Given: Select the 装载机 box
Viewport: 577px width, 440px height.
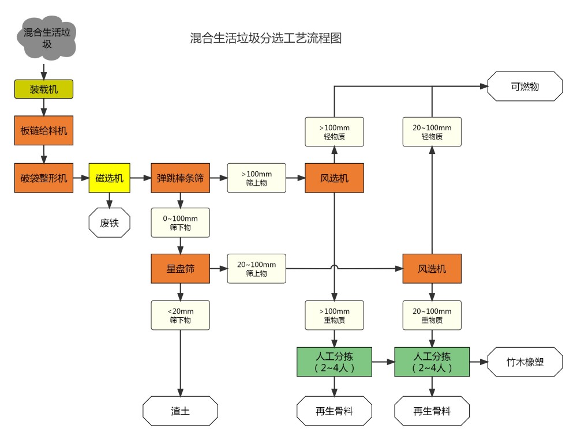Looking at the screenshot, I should click(44, 89).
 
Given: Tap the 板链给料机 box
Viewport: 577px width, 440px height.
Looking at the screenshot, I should click(44, 130).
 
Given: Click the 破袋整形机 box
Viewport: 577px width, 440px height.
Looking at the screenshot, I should click(44, 178).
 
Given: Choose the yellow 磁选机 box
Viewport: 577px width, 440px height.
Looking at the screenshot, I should click(110, 178).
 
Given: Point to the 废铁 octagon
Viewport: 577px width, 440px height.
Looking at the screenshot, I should click(109, 223).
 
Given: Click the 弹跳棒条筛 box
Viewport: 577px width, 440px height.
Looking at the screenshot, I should click(181, 178).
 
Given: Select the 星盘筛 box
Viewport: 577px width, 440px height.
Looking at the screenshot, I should click(180, 269).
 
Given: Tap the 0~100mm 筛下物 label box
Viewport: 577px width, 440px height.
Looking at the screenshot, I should click(180, 223).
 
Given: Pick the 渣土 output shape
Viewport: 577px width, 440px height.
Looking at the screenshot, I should click(180, 411).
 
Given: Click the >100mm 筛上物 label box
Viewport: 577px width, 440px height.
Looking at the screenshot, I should click(256, 178).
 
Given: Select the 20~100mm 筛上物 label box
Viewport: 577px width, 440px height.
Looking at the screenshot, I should click(256, 269).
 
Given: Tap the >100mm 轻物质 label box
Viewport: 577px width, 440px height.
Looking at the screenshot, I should click(335, 132).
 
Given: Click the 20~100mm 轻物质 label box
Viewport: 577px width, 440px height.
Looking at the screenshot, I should click(432, 132).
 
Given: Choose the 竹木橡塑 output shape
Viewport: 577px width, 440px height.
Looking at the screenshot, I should click(526, 362).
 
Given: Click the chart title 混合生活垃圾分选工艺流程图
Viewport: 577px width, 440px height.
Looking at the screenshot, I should click(266, 39).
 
